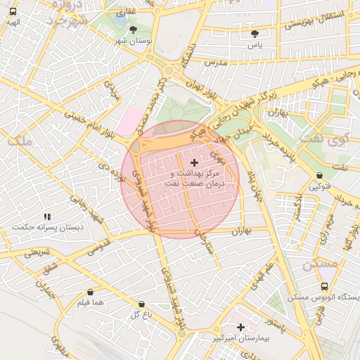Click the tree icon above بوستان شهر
pos(133,30)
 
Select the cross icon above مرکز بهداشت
pos(194,162)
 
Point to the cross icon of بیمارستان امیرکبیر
pos(241,327)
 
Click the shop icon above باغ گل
pos(141,304)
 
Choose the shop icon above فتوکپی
pos(320,176)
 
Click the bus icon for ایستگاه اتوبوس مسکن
pos(324,287)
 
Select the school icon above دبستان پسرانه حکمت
pos(47,217)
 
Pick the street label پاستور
pos(281,328)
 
